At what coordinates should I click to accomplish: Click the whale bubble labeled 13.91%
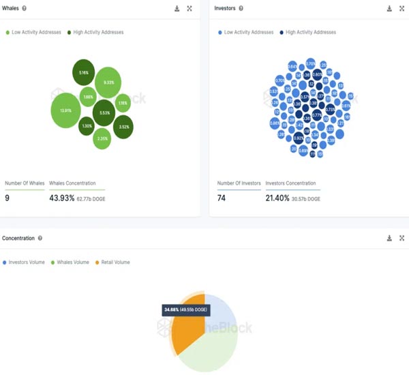pos(65,110)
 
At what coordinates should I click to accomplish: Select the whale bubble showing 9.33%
pos(108,82)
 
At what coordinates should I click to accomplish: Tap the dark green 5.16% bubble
pos(84,72)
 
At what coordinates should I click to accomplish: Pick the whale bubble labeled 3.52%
pos(123,127)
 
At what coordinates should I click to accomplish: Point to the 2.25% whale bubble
pos(102,138)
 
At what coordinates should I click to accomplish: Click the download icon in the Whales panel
pos(177,9)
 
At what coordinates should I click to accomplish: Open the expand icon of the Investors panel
pos(402,9)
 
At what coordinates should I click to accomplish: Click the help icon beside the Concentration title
pos(40,239)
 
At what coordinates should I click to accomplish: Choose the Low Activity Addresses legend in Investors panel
pos(246,32)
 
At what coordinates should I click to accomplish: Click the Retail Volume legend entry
pos(112,262)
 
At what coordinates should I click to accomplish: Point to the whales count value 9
pos(7,198)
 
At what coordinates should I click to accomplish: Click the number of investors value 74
pos(222,198)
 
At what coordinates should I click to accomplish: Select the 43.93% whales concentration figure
pos(62,198)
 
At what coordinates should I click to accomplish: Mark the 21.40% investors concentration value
pos(277,198)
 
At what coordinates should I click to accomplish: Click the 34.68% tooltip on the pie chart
pos(185,310)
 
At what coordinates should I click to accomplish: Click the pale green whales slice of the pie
pos(211,348)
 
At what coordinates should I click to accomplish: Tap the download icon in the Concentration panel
pos(389,239)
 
